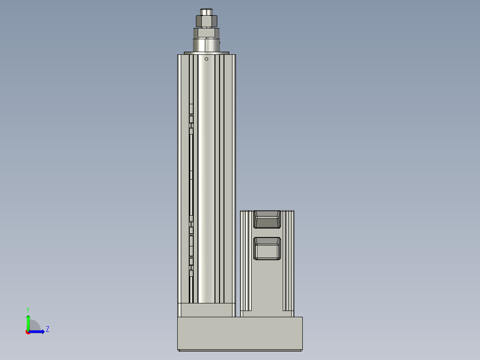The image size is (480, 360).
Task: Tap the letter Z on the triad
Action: point(47,329)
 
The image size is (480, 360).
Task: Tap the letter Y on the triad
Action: point(28,309)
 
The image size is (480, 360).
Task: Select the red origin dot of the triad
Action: point(28,332)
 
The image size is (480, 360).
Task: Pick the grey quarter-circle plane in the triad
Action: point(34,326)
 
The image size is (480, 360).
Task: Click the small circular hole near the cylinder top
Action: point(206,59)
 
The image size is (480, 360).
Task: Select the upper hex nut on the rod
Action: point(206,21)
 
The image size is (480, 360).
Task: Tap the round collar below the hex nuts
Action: point(206,45)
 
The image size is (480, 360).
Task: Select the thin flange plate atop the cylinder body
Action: point(206,53)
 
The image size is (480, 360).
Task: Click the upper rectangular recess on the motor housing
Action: point(267,219)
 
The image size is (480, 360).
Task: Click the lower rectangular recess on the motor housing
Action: point(267,248)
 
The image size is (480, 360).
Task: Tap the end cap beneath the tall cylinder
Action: point(207,310)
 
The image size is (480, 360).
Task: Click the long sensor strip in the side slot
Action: point(191,178)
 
